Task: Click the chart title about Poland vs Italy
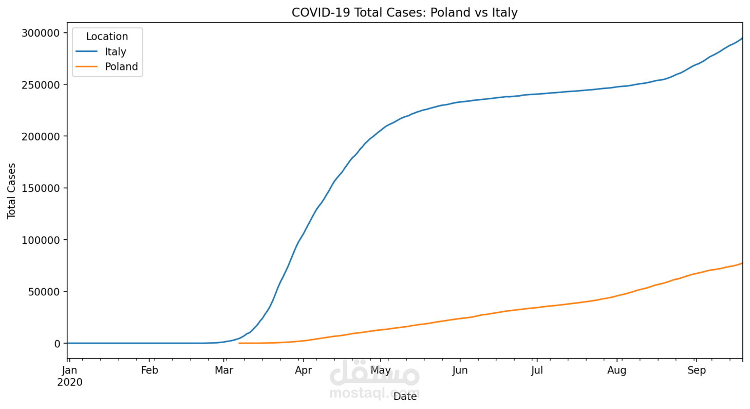(x=404, y=12)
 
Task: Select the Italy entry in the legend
(x=116, y=51)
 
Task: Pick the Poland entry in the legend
(x=121, y=66)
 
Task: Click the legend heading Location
(x=107, y=37)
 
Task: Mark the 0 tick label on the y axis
(x=58, y=344)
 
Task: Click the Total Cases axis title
(x=12, y=191)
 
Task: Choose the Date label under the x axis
(x=405, y=397)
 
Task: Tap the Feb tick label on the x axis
(x=149, y=370)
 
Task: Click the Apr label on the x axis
(x=304, y=370)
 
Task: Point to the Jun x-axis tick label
(x=460, y=370)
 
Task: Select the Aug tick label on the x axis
(x=617, y=370)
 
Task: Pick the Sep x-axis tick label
(x=697, y=370)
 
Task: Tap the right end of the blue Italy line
(x=742, y=38)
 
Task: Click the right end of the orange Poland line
(x=742, y=263)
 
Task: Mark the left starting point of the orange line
(x=239, y=343)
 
